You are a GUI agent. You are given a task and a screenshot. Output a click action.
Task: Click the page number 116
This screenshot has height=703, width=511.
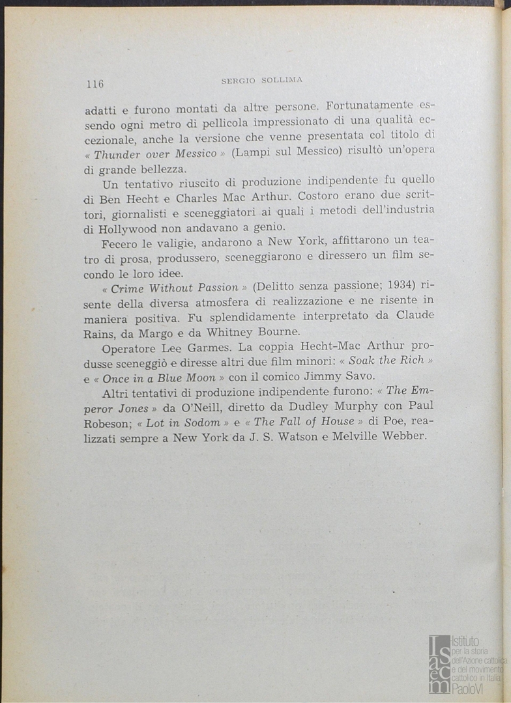pyautogui.click(x=94, y=84)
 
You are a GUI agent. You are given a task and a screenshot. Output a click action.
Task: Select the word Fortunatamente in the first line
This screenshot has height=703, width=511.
pyautogui.click(x=369, y=105)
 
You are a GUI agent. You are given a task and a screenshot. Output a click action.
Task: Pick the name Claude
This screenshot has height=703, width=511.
pyautogui.click(x=415, y=316)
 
